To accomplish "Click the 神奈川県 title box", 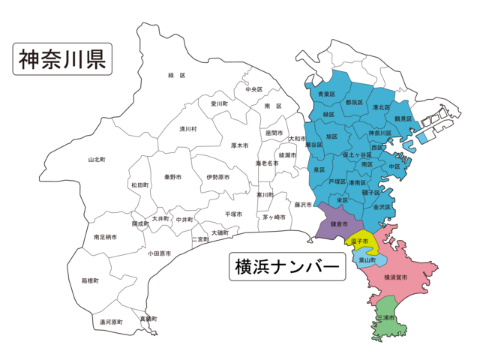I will (x=62, y=58).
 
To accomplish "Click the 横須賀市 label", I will (x=395, y=277).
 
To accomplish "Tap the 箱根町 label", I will (x=91, y=280).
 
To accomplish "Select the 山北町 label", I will (x=97, y=160).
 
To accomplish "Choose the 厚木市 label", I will (x=240, y=145).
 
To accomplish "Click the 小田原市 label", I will (x=159, y=253).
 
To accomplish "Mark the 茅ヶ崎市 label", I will (x=274, y=217).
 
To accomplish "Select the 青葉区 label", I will (x=325, y=94).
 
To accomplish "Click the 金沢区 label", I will (x=382, y=206).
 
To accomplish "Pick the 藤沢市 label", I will (x=302, y=204).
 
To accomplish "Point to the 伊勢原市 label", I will (x=217, y=177).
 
